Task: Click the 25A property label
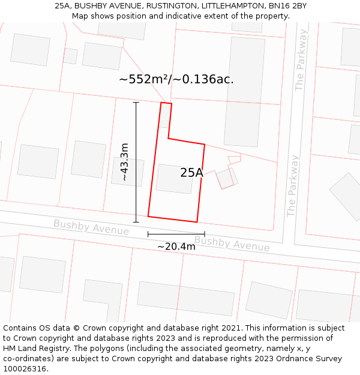point(191,173)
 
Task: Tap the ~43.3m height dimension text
point(124,162)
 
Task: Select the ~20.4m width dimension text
point(176,247)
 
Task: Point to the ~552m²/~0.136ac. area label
point(176,79)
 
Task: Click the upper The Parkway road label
point(301,61)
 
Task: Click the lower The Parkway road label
point(293,186)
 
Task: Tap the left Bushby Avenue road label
point(91,227)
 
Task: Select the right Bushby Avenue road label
point(232,244)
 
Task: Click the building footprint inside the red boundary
point(175,179)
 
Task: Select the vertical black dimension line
point(136,162)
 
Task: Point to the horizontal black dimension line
point(176,234)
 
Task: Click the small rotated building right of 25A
point(227,178)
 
